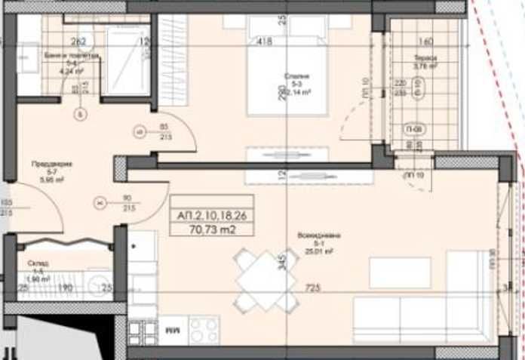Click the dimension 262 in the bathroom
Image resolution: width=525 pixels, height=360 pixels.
point(79,42)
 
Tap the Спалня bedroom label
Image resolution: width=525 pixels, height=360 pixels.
point(293,75)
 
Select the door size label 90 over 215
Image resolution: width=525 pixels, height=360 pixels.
point(127,202)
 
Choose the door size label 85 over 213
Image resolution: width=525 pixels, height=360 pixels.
point(164,132)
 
